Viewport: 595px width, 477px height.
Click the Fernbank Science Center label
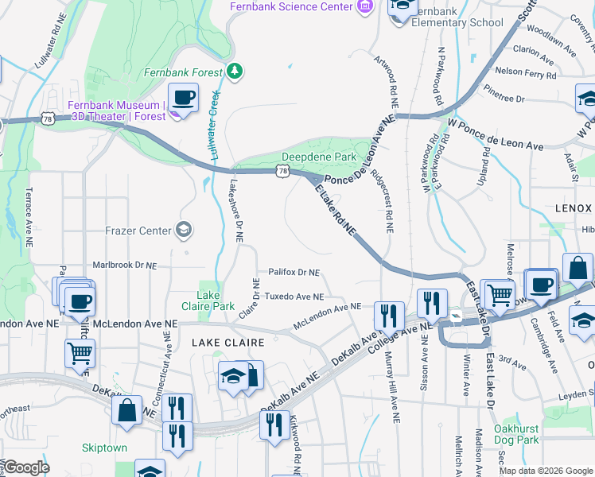290,6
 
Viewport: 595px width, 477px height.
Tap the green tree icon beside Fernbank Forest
234,72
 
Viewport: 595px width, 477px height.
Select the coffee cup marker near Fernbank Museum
184,99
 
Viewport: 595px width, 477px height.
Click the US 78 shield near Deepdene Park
282,170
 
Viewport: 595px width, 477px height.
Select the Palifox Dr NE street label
293,272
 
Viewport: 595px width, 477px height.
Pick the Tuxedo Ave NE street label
294,297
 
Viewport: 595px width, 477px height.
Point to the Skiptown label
104,448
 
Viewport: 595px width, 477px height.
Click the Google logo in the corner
25,467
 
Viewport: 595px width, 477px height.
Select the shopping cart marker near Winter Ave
499,294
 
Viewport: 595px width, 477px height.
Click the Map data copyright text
545,471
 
